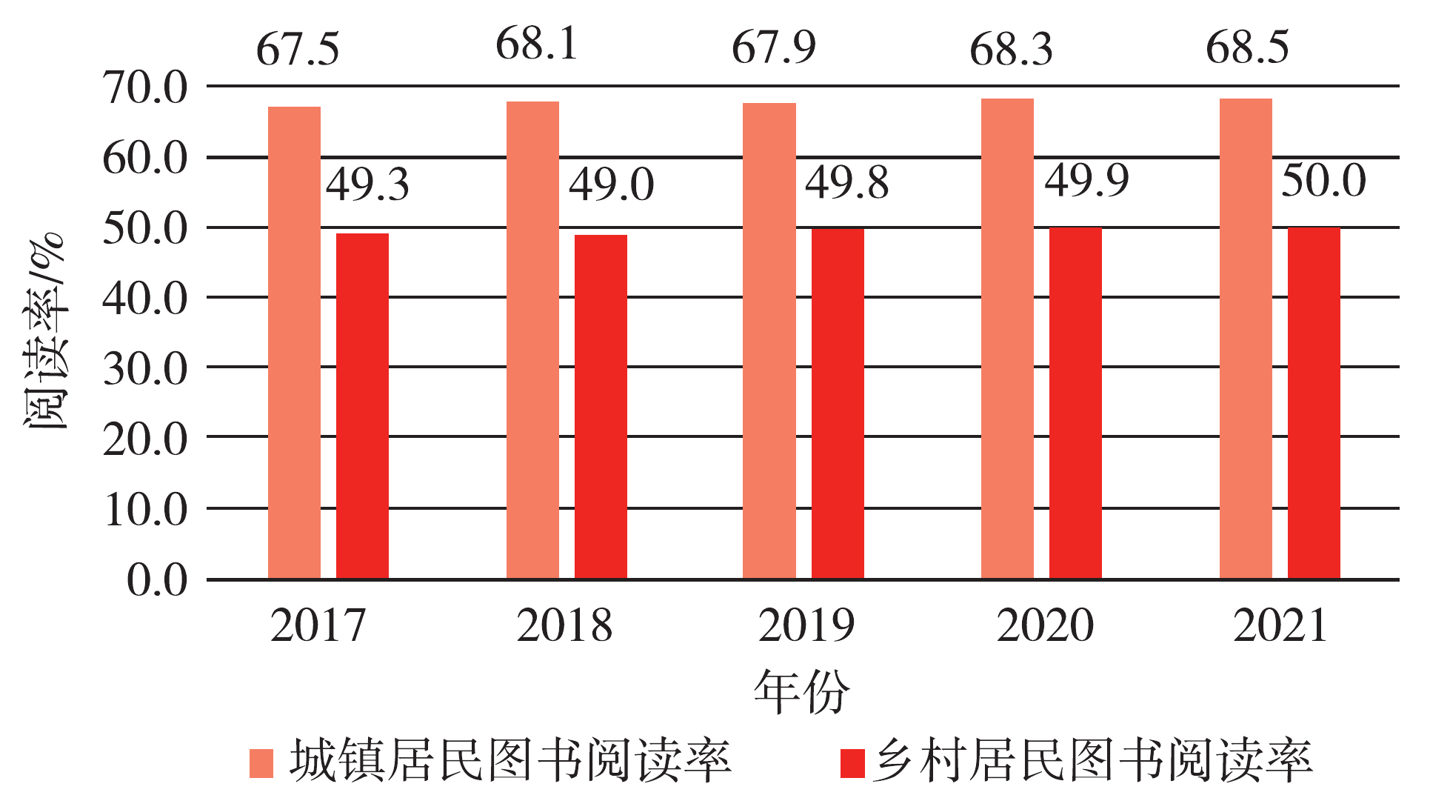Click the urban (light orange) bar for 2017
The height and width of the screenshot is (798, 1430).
(294, 342)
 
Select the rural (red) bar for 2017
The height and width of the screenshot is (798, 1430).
(362, 406)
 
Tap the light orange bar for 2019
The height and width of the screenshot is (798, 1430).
(769, 341)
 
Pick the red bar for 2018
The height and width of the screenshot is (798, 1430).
(601, 407)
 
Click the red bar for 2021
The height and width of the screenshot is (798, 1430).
(1314, 403)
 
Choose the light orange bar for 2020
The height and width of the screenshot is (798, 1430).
(1007, 339)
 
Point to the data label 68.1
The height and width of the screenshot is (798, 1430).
(537, 44)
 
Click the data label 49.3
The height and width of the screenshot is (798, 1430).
(367, 184)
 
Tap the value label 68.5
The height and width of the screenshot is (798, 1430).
(1247, 47)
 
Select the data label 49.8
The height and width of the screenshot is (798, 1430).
(846, 183)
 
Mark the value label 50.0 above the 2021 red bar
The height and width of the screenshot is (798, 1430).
(1323, 181)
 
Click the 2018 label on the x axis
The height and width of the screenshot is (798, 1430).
(564, 626)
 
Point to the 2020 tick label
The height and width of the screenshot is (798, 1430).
(1044, 626)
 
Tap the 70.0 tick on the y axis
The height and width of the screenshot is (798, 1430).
(145, 87)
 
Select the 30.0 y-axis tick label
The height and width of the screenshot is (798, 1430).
(145, 368)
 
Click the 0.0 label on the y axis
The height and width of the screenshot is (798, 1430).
(157, 579)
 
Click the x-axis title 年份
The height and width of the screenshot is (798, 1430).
(801, 691)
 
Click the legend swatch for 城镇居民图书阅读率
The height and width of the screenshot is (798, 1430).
(261, 763)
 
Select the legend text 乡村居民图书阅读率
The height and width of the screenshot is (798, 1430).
(1092, 762)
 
